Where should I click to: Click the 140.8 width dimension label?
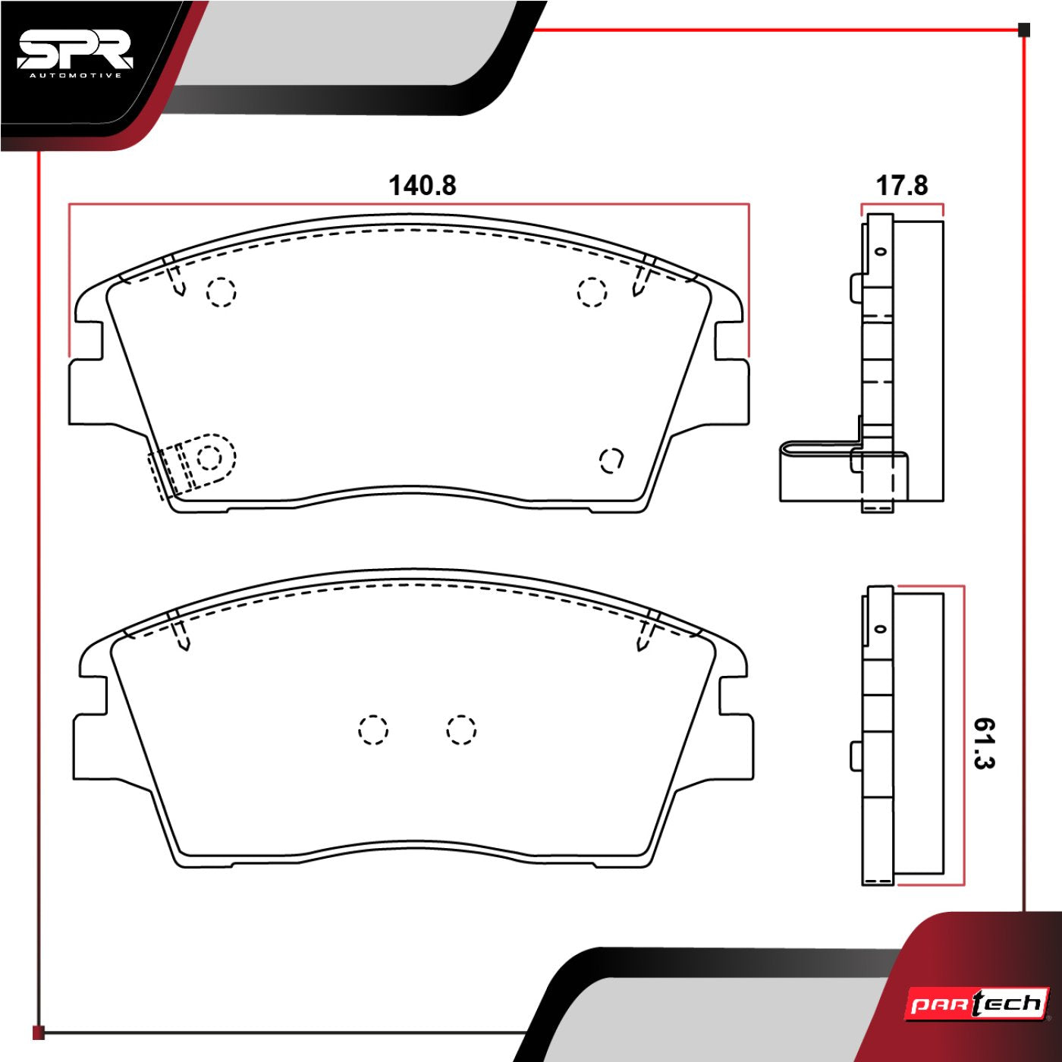pos(423,185)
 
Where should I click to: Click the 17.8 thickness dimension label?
pos(901,185)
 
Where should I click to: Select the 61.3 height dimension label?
pos(983,743)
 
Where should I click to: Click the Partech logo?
pos(978,1004)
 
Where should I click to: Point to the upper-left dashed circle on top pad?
pos(222,291)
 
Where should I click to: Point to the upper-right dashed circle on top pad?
pos(592,291)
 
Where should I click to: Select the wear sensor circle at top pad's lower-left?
pos(209,457)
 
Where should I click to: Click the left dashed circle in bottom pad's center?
pos(373,730)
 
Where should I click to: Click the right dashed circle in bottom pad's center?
pos(461,730)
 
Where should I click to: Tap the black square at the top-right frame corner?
pos(1024,30)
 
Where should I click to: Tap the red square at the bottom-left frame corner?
pos(39,1032)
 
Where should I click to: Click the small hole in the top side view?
pos(881,251)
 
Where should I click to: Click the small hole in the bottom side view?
pos(881,629)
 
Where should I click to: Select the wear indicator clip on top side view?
pos(819,470)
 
